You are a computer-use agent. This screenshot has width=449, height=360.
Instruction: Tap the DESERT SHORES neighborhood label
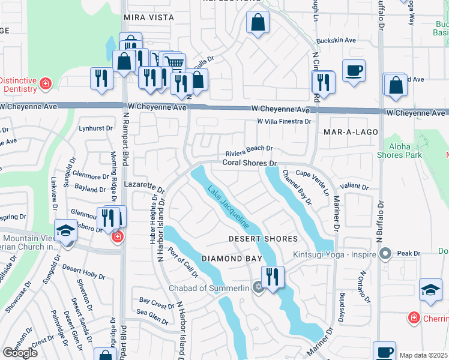click(x=263, y=239)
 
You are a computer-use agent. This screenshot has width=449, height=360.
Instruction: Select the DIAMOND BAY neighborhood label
click(x=232, y=259)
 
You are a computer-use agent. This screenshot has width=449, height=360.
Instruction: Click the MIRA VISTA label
click(x=149, y=18)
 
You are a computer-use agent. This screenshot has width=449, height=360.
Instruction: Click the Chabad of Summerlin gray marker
click(x=259, y=286)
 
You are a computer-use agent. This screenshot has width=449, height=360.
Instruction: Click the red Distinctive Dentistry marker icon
click(x=46, y=83)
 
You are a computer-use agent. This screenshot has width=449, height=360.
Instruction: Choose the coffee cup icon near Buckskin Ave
click(x=354, y=70)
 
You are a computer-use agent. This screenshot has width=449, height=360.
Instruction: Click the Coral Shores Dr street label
click(x=249, y=163)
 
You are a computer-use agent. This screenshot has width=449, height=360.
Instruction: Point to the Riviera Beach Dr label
click(x=249, y=149)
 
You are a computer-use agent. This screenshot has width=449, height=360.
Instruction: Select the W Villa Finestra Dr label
click(x=284, y=121)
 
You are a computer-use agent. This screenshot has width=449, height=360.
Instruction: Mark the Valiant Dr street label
click(x=354, y=187)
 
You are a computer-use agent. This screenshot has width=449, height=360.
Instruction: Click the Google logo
click(x=20, y=353)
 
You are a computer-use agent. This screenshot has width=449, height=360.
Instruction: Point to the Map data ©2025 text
click(x=423, y=355)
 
